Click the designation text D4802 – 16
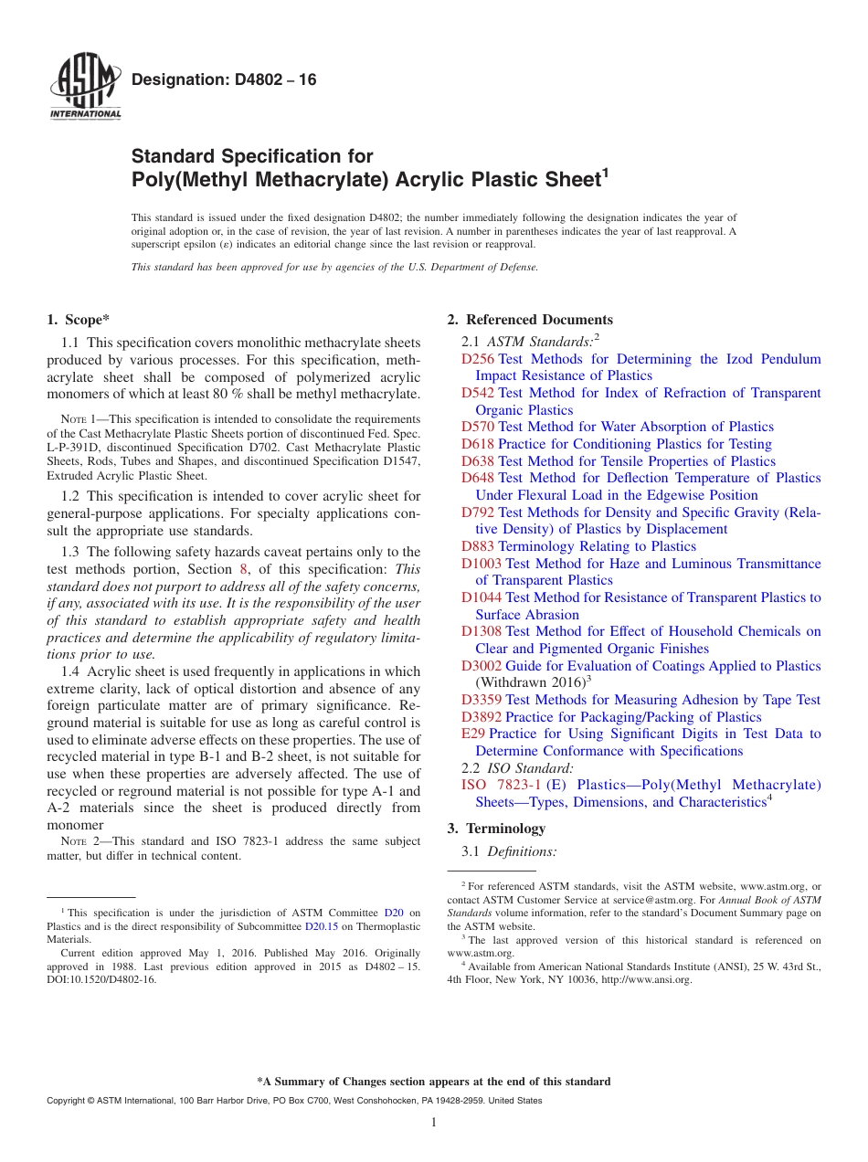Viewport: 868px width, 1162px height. (224, 80)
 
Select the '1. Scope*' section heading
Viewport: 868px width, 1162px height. (78, 320)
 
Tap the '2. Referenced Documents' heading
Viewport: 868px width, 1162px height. (530, 320)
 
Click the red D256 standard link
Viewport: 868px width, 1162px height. (478, 359)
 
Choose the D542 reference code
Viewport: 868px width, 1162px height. (478, 393)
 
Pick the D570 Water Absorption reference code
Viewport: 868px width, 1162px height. (478, 427)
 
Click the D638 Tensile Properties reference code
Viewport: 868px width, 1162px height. (478, 461)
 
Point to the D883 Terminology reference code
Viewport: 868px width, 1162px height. (478, 546)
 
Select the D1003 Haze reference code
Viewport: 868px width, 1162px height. (482, 564)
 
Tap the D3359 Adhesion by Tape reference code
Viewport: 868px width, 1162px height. (482, 700)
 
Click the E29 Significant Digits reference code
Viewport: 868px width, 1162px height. (473, 734)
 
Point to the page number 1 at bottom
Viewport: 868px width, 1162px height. (434, 1122)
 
